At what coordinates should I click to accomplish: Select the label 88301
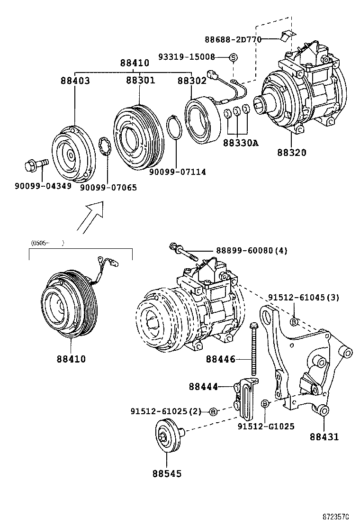(x=140, y=81)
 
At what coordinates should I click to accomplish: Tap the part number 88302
(x=192, y=81)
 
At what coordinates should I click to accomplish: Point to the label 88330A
(x=241, y=142)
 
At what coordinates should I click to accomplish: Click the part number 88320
(x=291, y=153)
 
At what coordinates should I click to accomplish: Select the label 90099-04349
(x=43, y=186)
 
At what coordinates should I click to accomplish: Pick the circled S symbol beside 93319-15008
(x=233, y=57)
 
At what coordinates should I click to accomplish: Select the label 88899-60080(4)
(x=252, y=250)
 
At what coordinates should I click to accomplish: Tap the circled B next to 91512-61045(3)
(x=294, y=322)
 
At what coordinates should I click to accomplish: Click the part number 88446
(x=220, y=359)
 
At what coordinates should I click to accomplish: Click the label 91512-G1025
(x=266, y=426)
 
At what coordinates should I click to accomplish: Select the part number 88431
(x=324, y=437)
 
